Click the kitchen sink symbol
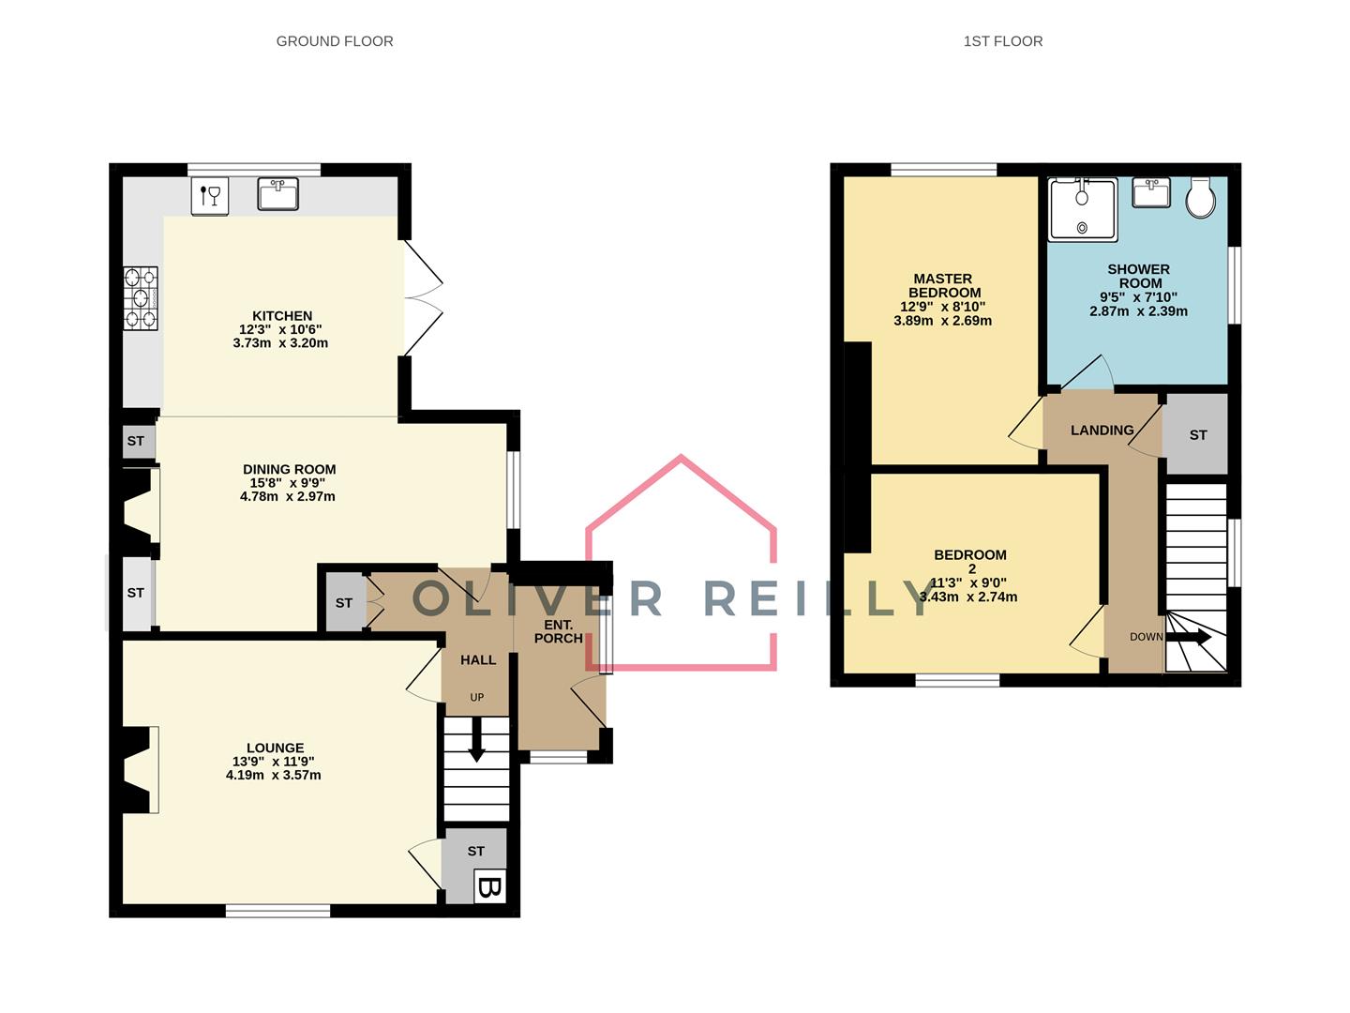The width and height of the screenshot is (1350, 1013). tap(277, 194)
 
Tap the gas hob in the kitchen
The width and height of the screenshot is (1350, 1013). tap(141, 298)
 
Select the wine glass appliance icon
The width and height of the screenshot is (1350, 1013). tap(210, 196)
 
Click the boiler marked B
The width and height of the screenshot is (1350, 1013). tap(489, 886)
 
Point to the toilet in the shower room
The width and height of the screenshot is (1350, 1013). tap(1200, 198)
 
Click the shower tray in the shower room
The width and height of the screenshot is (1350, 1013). tap(1083, 209)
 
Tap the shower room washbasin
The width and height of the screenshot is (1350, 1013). tap(1150, 193)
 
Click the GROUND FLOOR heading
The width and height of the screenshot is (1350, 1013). tap(335, 41)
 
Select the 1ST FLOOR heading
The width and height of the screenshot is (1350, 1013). tap(1003, 41)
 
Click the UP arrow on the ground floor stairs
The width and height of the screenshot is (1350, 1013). tap(476, 741)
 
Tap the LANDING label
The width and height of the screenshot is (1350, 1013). tap(1102, 431)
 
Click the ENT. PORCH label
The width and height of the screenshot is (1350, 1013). tap(559, 631)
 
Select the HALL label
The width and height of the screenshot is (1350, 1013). tap(478, 660)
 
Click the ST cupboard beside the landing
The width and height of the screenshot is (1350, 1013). tap(1197, 434)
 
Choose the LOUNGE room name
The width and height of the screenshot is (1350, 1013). tap(275, 748)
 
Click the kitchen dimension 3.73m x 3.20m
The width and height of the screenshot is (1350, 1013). tap(280, 343)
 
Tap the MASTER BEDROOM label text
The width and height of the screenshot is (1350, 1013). tap(943, 285)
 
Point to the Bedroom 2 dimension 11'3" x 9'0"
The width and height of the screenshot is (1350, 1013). tap(969, 582)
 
